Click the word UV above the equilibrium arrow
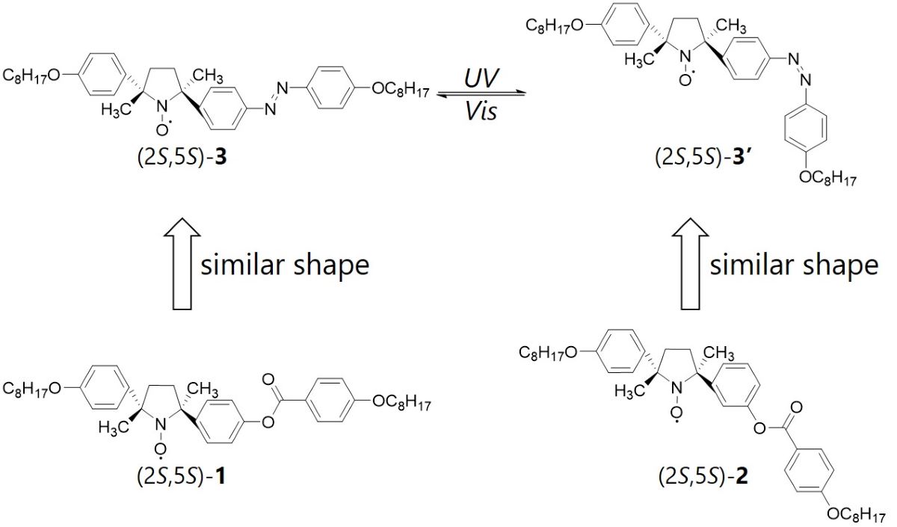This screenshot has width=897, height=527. (x=481, y=78)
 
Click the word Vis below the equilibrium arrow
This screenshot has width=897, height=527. (x=481, y=111)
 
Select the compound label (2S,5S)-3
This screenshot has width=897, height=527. (x=182, y=158)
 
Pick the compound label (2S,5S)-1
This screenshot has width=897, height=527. (x=182, y=477)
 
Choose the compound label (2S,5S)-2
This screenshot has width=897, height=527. (x=703, y=477)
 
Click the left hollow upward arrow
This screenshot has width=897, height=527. (x=182, y=264)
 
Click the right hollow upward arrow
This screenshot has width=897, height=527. (x=691, y=264)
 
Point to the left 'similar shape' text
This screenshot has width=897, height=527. (x=285, y=265)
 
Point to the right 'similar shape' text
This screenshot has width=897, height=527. (x=794, y=265)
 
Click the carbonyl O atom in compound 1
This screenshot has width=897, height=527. (x=268, y=379)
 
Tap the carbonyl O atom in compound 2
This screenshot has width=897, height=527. (x=797, y=407)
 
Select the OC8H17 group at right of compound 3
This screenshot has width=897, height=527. (x=401, y=90)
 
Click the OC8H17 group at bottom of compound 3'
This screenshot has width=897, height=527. (x=827, y=178)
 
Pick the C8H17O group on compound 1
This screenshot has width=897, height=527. (x=31, y=389)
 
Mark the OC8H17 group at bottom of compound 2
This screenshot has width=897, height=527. (x=856, y=515)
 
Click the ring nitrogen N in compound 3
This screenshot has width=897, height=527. (x=161, y=106)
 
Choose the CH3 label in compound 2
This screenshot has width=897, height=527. (x=719, y=353)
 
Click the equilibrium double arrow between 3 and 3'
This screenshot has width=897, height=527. (x=481, y=94)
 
